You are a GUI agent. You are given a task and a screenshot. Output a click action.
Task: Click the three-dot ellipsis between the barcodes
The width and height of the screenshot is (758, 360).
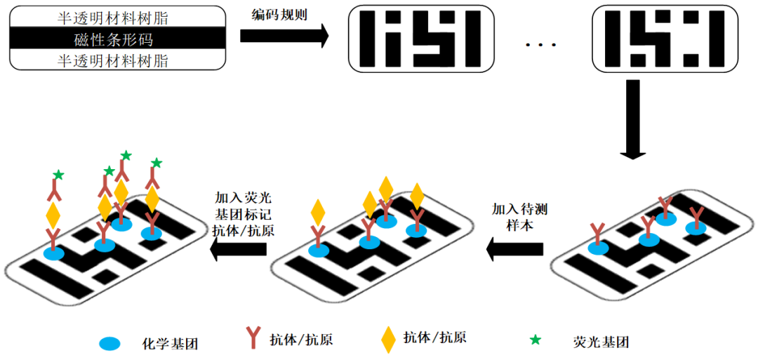pyautogui.click(x=540, y=45)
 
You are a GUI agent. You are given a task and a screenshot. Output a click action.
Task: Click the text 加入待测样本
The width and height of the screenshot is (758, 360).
pyautogui.click(x=519, y=217)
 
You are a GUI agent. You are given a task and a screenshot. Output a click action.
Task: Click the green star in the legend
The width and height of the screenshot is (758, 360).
pyautogui.click(x=536, y=340)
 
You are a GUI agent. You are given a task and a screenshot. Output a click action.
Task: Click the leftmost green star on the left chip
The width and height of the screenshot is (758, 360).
pyautogui.click(x=59, y=174)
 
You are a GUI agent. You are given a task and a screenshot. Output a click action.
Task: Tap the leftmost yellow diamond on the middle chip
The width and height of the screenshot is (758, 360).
pyautogui.click(x=318, y=211)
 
